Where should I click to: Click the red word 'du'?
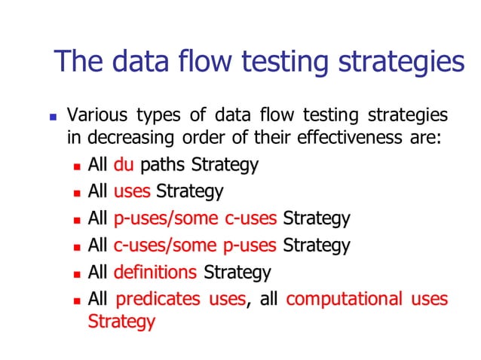coord(123,164)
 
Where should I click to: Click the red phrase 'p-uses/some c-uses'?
coord(196,218)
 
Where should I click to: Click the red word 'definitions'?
coord(155,272)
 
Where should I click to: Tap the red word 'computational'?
coord(344,299)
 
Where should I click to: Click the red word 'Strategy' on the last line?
coord(121,322)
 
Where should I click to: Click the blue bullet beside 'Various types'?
coord(52,117)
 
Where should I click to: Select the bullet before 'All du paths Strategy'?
coord(77,165)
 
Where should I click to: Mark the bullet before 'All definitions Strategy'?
coord(77,273)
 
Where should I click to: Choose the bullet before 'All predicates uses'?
coord(77,300)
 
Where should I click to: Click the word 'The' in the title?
coord(77,61)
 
